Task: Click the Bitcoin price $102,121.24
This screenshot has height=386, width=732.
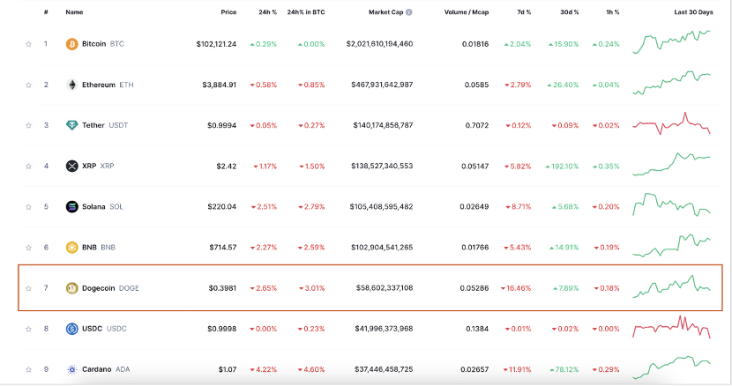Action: pyautogui.click(x=216, y=44)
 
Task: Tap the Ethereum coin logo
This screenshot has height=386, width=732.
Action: pyautogui.click(x=72, y=85)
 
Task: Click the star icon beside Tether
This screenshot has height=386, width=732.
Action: pyautogui.click(x=28, y=125)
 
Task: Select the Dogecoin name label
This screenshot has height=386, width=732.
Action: pyautogui.click(x=99, y=288)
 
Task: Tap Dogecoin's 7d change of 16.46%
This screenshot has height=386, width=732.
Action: pyautogui.click(x=516, y=288)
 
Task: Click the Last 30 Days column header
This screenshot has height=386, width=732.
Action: pyautogui.click(x=693, y=12)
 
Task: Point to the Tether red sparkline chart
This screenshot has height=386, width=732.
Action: pyautogui.click(x=672, y=124)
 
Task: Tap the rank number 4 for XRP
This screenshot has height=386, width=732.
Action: pyautogui.click(x=46, y=166)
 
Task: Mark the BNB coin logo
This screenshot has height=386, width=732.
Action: pyautogui.click(x=72, y=248)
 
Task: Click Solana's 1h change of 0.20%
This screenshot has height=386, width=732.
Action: pyautogui.click(x=605, y=207)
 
